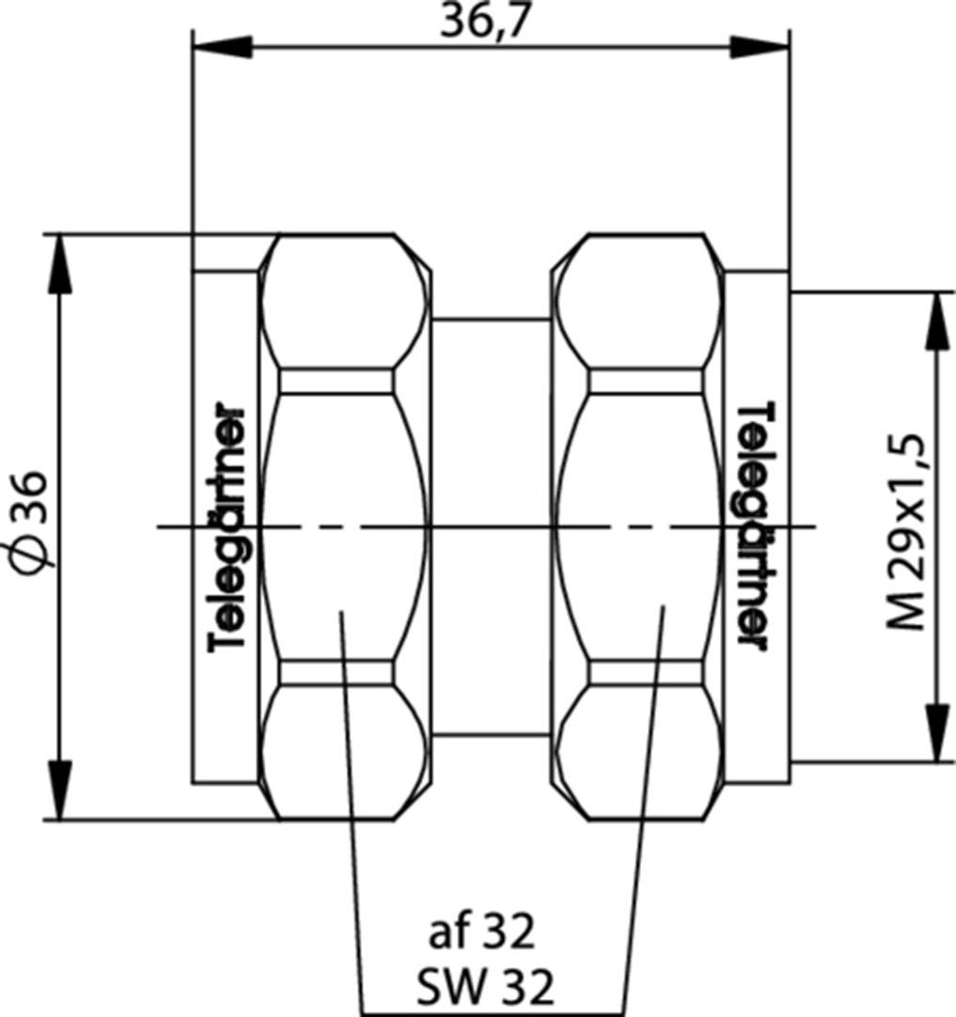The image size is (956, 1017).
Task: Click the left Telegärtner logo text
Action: click(228, 527)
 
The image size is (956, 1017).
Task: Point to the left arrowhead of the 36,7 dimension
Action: click(220, 46)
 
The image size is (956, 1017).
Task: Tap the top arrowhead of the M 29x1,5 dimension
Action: click(937, 320)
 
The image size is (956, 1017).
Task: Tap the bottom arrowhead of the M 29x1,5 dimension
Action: click(937, 733)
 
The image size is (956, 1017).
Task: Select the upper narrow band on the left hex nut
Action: click(336, 381)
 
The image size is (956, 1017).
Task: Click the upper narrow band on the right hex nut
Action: click(645, 381)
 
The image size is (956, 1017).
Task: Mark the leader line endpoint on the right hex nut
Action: click(666, 607)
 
